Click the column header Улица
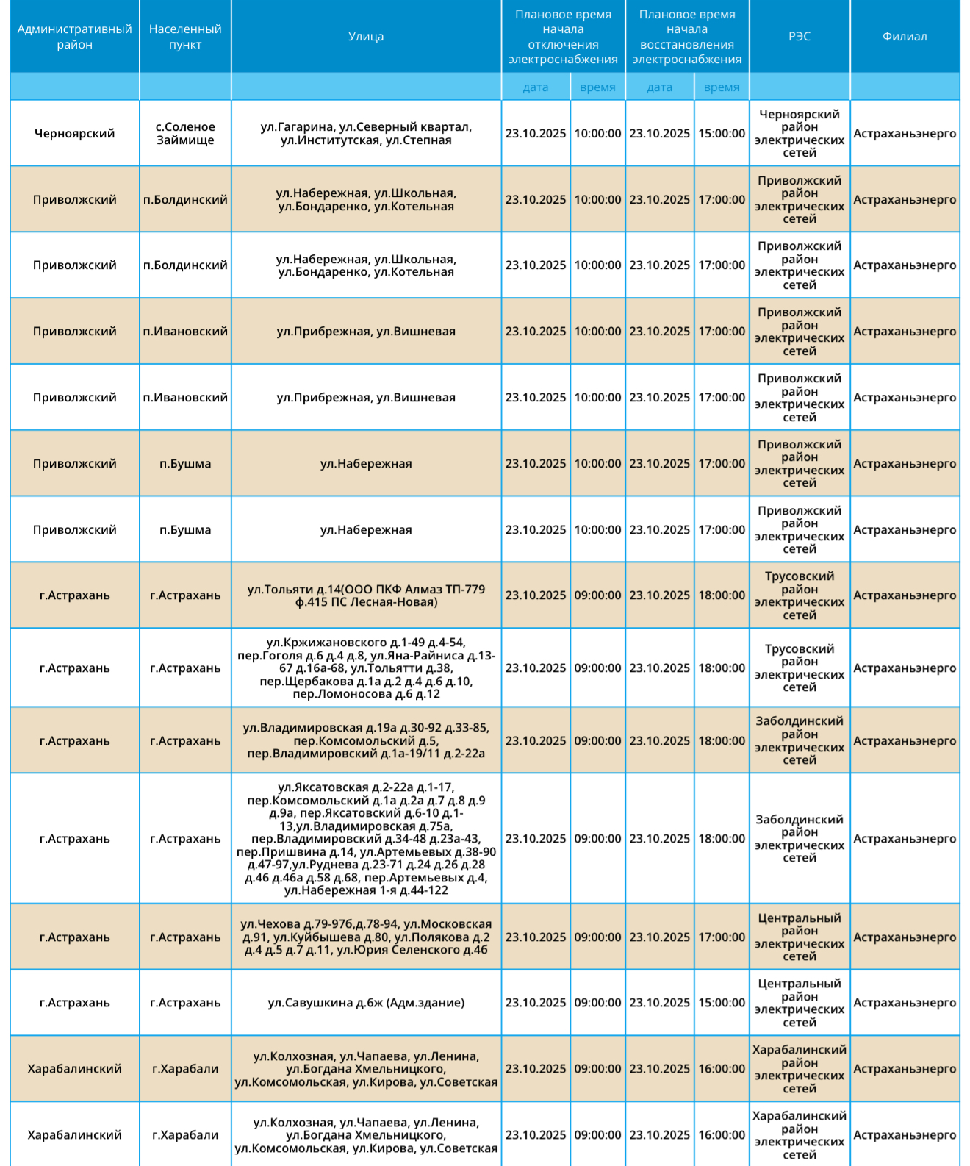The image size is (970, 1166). click(x=366, y=37)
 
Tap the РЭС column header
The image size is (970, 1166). click(x=799, y=37)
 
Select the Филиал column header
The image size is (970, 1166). click(x=905, y=37)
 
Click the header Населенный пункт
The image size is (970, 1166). click(x=185, y=37)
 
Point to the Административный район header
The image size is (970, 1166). click(x=74, y=37)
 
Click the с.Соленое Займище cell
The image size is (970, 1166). click(x=185, y=133)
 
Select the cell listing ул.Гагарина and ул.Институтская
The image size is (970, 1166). click(x=366, y=133)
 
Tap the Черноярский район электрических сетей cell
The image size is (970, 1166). click(x=799, y=133)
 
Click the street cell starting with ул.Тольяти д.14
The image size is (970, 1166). click(x=366, y=595)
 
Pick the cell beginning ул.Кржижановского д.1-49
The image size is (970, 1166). click(x=366, y=668)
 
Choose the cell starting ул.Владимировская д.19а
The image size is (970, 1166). click(x=366, y=740)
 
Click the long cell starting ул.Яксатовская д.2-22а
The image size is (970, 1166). click(x=366, y=838)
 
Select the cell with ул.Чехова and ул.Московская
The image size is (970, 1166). click(x=366, y=937)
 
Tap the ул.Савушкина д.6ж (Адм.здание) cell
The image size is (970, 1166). click(x=366, y=1003)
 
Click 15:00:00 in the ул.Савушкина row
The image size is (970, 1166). click(x=721, y=1003)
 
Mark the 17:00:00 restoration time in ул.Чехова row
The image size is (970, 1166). click(x=721, y=937)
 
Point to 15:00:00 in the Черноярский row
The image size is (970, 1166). click(x=721, y=133)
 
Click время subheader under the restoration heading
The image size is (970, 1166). click(x=721, y=87)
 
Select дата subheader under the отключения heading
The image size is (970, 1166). click(x=536, y=87)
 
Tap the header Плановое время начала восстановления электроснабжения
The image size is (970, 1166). click(x=686, y=37)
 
